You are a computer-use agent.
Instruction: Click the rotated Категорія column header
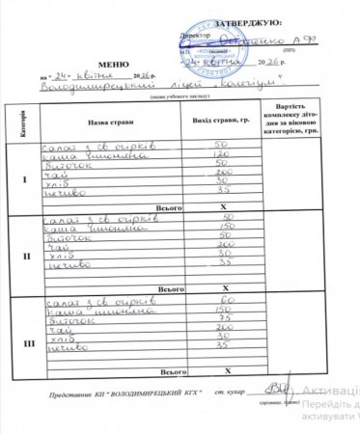click(x=22, y=122)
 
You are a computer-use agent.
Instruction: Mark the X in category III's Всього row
click(x=224, y=370)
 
